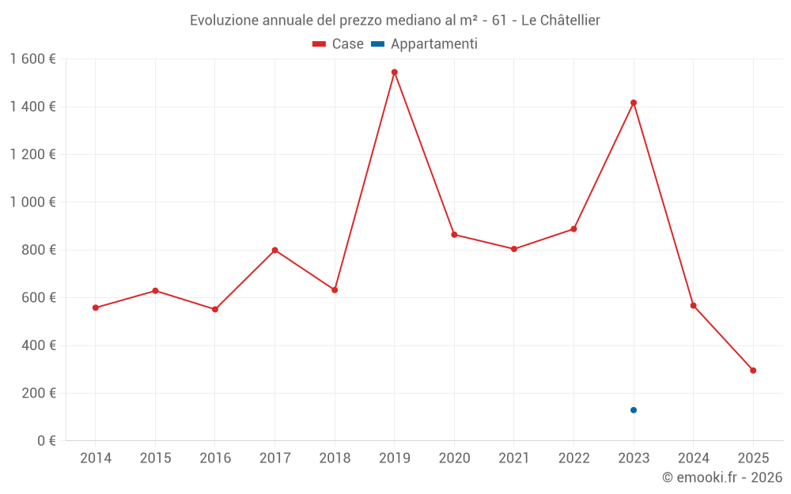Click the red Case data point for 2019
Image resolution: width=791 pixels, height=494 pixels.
point(394,72)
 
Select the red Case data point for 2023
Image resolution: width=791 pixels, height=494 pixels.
point(634,103)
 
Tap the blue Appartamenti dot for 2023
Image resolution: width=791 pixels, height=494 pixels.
point(634,410)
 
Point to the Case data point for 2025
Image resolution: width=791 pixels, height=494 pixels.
point(753,371)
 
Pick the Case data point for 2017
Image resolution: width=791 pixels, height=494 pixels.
point(274,250)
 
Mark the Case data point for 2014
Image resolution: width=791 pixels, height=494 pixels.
point(96,307)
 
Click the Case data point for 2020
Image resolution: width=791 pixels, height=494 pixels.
point(454,235)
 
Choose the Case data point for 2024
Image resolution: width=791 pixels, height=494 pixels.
point(694,306)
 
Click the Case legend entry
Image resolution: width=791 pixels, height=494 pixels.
point(339,44)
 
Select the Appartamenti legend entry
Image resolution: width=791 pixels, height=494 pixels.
point(425,44)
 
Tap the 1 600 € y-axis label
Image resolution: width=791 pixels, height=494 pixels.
point(33,59)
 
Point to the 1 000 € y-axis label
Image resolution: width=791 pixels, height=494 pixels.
point(33,202)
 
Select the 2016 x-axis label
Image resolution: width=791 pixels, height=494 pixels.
point(215,458)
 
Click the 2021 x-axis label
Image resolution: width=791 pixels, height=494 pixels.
point(514,458)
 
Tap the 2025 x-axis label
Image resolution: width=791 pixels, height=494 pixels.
point(753,458)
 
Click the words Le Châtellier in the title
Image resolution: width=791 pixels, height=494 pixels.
point(560,21)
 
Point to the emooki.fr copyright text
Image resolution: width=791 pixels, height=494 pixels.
point(722,477)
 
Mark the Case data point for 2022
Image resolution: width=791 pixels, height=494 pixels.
point(573,229)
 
